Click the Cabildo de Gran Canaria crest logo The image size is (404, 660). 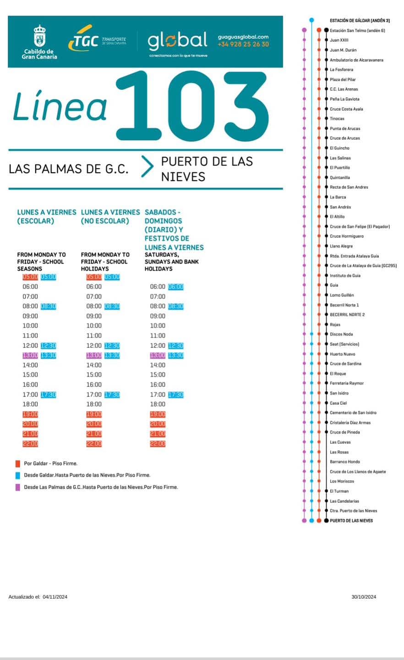39,36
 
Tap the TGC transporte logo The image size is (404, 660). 97,42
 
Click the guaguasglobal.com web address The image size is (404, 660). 243,37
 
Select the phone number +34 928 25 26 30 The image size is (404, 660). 243,44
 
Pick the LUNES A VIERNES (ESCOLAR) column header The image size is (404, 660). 46,216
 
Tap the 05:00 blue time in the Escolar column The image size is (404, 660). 48,277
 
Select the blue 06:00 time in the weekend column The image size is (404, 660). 175,287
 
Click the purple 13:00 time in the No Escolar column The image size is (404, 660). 94,356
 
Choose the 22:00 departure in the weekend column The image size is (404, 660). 158,444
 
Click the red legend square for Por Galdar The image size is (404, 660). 18,463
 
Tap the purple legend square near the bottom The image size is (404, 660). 18,487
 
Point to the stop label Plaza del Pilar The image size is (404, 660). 343,80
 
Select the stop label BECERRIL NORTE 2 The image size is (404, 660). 347,315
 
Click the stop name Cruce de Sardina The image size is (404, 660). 345,364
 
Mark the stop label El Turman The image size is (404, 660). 339,491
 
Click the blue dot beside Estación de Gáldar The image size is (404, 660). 311,20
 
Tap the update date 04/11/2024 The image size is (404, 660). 55,597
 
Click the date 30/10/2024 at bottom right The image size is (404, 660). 364,597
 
